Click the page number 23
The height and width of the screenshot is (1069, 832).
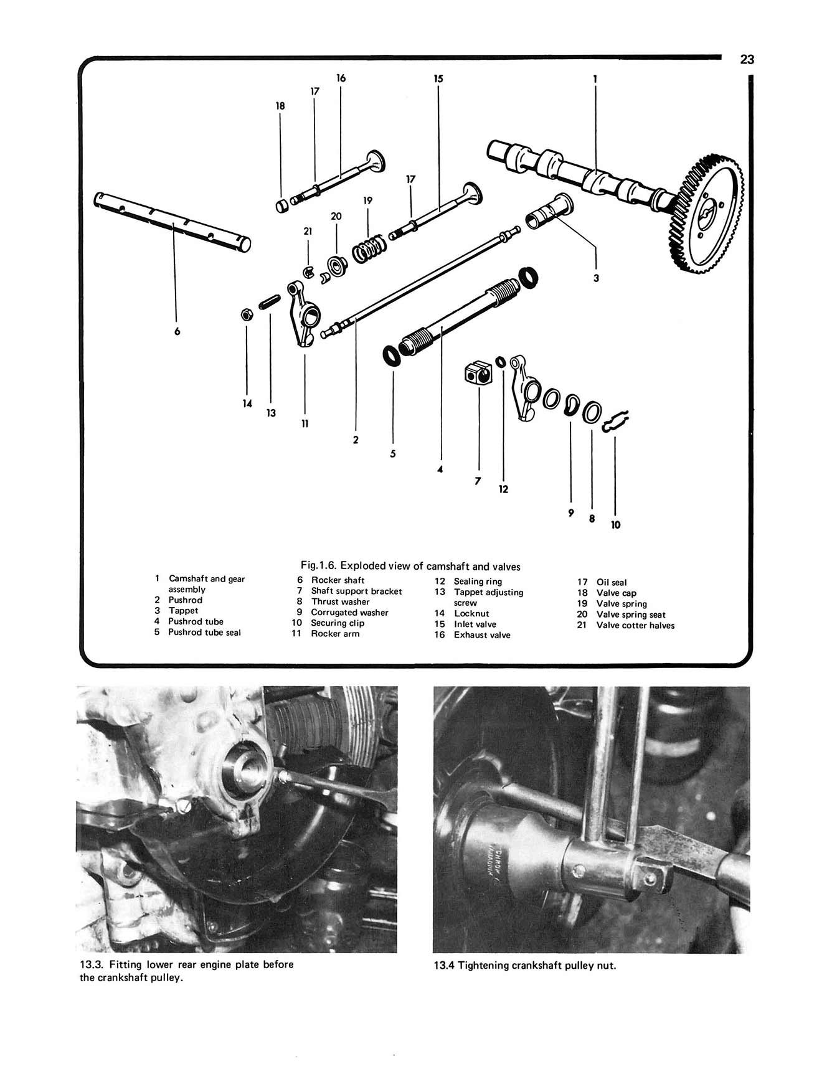[x=747, y=60]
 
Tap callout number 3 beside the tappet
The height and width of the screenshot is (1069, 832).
[x=596, y=278]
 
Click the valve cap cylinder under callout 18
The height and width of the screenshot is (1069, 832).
[x=281, y=204]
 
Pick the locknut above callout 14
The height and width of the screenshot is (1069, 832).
[x=246, y=314]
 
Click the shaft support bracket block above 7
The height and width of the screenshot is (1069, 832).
[x=478, y=374]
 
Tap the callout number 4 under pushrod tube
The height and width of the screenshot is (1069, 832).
[x=440, y=469]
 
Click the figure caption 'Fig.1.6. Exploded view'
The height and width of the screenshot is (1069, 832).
[x=410, y=566]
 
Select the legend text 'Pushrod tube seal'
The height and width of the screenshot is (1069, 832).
[x=204, y=632]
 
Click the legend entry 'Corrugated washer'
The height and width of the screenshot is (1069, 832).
[x=349, y=612]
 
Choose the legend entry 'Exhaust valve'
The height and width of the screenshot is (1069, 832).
[x=481, y=635]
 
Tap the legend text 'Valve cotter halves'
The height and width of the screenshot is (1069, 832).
[x=635, y=625]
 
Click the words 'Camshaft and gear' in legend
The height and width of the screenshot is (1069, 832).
[x=207, y=579]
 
